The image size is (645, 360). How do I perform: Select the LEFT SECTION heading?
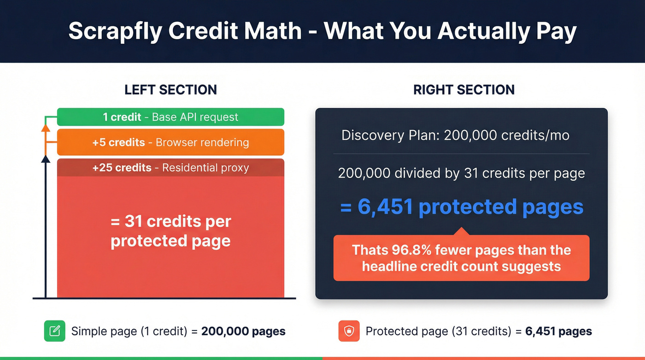point(170,89)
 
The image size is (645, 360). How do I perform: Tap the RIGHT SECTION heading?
point(464,89)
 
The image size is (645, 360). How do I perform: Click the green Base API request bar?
point(170,117)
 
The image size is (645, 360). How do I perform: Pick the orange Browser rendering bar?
point(170,142)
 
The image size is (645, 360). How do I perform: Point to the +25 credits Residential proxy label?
point(170,168)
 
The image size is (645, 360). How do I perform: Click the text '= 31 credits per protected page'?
point(170,231)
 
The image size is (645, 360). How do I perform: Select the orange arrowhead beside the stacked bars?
point(45,128)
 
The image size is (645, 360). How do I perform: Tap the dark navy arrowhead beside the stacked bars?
point(45,159)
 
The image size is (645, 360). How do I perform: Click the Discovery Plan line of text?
point(455,136)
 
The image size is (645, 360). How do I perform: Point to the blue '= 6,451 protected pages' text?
point(462,207)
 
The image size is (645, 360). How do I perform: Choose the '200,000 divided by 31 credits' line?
point(461,173)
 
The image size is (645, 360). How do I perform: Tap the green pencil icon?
point(55,331)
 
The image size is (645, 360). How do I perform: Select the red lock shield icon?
point(349,331)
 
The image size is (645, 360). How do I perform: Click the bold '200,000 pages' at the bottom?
point(243,331)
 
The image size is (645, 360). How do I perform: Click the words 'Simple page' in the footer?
point(98,331)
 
